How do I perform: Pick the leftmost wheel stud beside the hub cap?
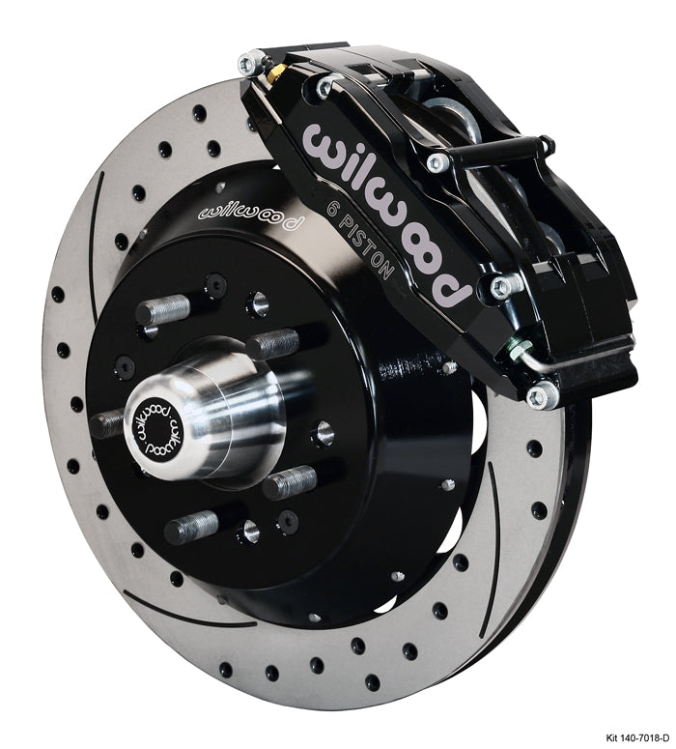click(x=110, y=422)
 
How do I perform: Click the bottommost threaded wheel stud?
click(x=192, y=527)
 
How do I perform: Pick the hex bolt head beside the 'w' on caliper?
click(x=324, y=88)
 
